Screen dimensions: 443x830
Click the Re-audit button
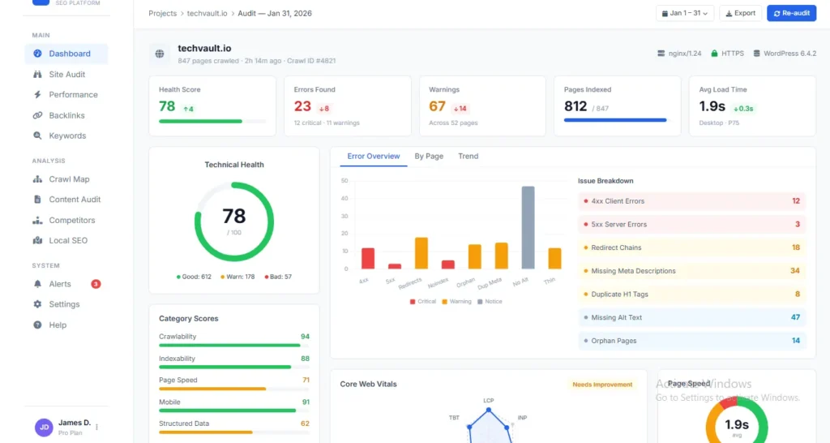coord(791,13)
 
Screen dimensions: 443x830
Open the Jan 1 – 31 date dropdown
coord(684,13)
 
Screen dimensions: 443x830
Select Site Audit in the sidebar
coord(66,75)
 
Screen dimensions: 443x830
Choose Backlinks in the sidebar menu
coord(66,115)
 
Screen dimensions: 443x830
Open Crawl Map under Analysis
coord(69,179)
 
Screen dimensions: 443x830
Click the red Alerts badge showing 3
coord(96,284)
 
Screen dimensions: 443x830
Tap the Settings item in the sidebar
coord(64,304)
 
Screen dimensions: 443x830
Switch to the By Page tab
coord(429,157)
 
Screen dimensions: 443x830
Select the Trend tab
coord(468,157)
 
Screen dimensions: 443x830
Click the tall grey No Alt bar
coord(528,227)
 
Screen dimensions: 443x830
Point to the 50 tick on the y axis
coord(344,181)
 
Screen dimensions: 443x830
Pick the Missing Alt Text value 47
coord(795,318)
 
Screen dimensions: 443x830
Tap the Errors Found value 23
coord(302,106)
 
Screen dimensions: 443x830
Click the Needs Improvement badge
coord(602,385)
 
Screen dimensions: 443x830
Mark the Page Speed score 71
coord(306,380)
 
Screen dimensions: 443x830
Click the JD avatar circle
coord(44,427)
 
